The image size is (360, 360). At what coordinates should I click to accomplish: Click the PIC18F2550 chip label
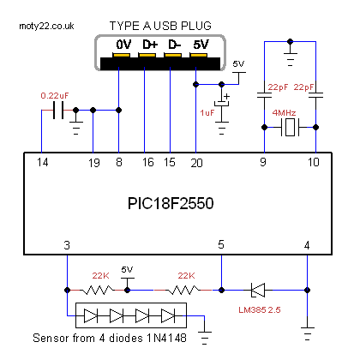click(x=171, y=203)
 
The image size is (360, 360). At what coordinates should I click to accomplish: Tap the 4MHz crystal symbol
click(x=291, y=127)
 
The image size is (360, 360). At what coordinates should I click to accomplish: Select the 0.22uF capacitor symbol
click(x=58, y=110)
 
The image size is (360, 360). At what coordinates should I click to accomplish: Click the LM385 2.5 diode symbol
click(x=258, y=291)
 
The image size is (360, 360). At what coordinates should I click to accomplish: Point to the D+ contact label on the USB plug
click(x=150, y=45)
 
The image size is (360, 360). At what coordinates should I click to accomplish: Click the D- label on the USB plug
click(x=174, y=45)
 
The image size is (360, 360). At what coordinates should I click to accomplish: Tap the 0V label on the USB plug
click(x=123, y=45)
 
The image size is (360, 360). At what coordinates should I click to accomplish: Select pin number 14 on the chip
click(x=43, y=163)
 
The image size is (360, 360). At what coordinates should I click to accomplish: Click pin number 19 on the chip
click(x=94, y=163)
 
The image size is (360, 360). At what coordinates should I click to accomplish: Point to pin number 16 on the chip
click(x=148, y=162)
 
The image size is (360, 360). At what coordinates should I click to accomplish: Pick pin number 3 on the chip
click(x=67, y=245)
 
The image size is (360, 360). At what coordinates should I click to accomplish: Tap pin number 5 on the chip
click(x=221, y=244)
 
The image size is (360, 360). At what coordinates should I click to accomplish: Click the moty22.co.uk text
click(x=46, y=27)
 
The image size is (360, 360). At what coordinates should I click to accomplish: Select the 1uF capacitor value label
click(x=207, y=113)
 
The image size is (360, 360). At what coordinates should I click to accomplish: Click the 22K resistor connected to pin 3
click(x=97, y=291)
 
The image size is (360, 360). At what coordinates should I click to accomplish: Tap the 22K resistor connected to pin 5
click(x=183, y=291)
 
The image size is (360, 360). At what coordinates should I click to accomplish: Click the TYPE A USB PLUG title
click(x=160, y=26)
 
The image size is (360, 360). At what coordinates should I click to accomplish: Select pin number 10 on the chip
click(x=314, y=162)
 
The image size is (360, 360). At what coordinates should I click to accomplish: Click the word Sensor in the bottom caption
click(x=48, y=338)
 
